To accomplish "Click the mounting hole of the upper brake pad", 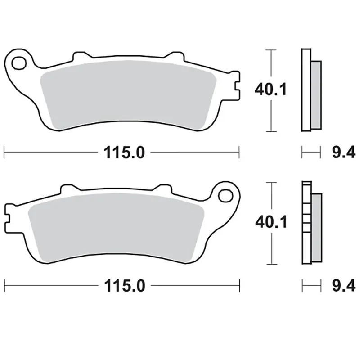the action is point(19,63).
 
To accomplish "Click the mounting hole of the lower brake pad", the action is point(225,196).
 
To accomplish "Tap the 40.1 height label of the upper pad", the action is point(271,90).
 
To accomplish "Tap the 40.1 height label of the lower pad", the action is point(271,222).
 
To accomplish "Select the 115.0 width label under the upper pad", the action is point(124,153).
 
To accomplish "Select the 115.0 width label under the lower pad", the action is point(125,286).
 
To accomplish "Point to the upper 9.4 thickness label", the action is point(344,152).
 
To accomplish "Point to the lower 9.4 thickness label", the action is point(344,286).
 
